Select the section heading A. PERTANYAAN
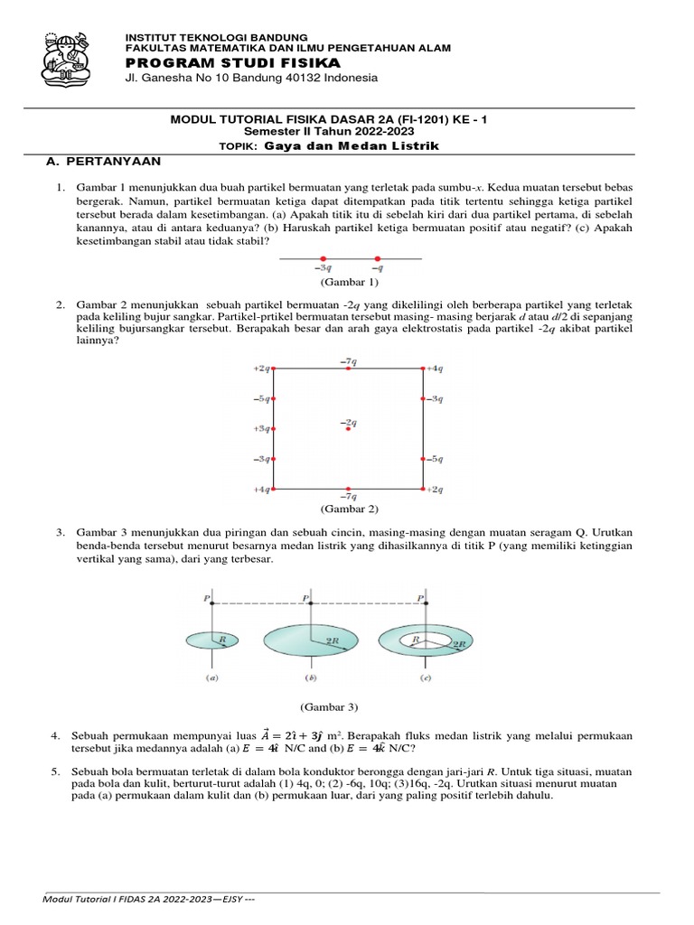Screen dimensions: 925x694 tap(104, 161)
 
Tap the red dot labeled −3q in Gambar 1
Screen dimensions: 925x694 tap(324, 259)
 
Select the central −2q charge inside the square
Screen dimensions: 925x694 tap(348, 428)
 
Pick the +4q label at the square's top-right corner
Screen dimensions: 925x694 tap(435, 368)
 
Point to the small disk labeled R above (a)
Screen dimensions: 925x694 tap(211, 640)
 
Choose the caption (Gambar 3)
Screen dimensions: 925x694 tap(330, 705)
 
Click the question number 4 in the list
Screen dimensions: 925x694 tap(55, 737)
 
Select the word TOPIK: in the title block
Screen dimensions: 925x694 tap(239, 146)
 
